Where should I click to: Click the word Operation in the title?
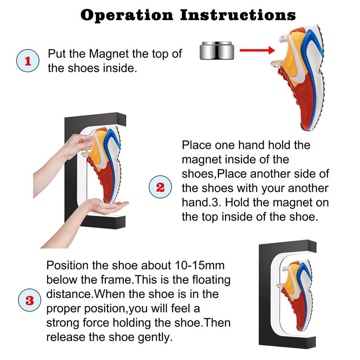pyautogui.click(x=127, y=15)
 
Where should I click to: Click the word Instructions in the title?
pyautogui.click(x=238, y=15)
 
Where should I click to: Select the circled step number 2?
pyautogui.click(x=160, y=187)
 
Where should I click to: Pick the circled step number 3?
pyautogui.click(x=30, y=300)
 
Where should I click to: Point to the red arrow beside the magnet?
pyautogui.click(x=256, y=50)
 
